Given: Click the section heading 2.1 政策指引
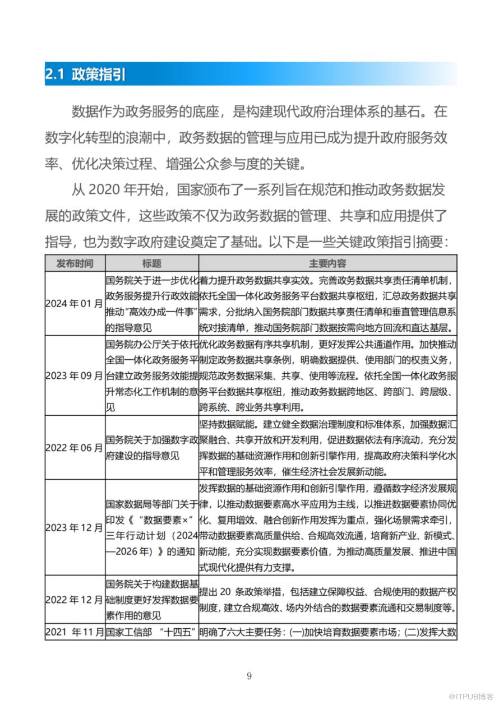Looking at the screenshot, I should (85, 74).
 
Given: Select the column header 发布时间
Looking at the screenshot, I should (75, 263).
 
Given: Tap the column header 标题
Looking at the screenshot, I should (151, 263).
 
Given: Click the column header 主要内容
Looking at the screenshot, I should (327, 263).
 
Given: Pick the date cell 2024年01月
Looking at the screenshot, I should (75, 304).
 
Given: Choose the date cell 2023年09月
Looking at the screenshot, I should (75, 375).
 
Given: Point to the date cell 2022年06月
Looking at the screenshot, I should (75, 448).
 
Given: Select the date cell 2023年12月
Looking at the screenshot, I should (75, 527).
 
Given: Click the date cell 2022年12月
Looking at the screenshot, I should (75, 600).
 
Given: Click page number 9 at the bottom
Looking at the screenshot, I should (249, 675).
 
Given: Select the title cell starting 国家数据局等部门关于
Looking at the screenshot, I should (151, 527).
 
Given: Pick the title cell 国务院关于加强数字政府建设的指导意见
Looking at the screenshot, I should (151, 448).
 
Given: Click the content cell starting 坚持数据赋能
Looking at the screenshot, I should (327, 448).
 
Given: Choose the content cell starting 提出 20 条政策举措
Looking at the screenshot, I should (327, 600).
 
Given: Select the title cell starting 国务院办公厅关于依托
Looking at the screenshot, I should (151, 375).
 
